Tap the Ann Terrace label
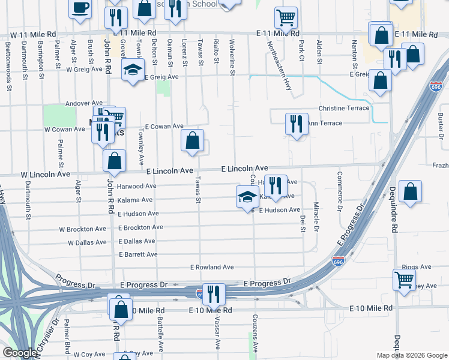tap(325, 124)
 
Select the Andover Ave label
tap(85, 103)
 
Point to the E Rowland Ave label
tap(212, 267)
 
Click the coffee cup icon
tap(80, 8)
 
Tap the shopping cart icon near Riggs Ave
tap(405, 279)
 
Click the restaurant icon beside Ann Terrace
tap(297, 124)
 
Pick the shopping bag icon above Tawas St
tap(193, 141)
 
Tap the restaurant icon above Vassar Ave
tap(213, 294)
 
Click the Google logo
tap(19, 353)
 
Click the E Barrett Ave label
tap(138, 254)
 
